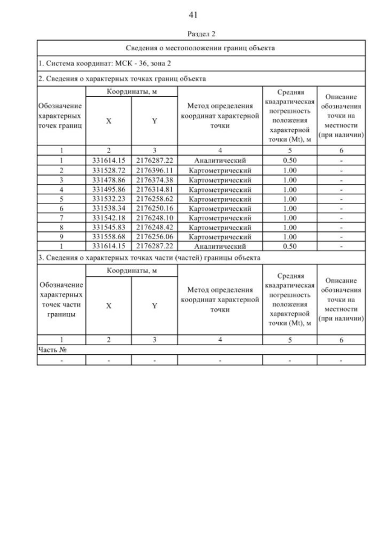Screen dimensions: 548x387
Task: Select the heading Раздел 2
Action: click(x=201, y=35)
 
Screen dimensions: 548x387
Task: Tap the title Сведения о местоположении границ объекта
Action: click(x=201, y=48)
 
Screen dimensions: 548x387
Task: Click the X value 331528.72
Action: click(x=108, y=171)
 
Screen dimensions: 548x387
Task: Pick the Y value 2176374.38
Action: click(x=154, y=180)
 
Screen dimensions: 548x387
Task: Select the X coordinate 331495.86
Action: click(x=108, y=190)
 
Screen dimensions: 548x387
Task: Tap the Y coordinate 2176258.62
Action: click(x=154, y=199)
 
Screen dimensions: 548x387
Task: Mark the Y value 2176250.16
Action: click(x=154, y=208)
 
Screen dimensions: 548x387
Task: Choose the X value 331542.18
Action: click(x=108, y=217)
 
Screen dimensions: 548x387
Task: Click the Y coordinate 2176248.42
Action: click(x=154, y=227)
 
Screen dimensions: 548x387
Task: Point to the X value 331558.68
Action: click(x=108, y=237)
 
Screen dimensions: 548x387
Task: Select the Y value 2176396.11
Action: click(x=154, y=171)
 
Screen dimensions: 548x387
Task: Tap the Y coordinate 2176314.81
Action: click(x=154, y=190)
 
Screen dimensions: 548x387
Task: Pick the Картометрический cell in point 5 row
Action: click(x=220, y=199)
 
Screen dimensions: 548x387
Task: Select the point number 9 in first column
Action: click(x=61, y=237)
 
